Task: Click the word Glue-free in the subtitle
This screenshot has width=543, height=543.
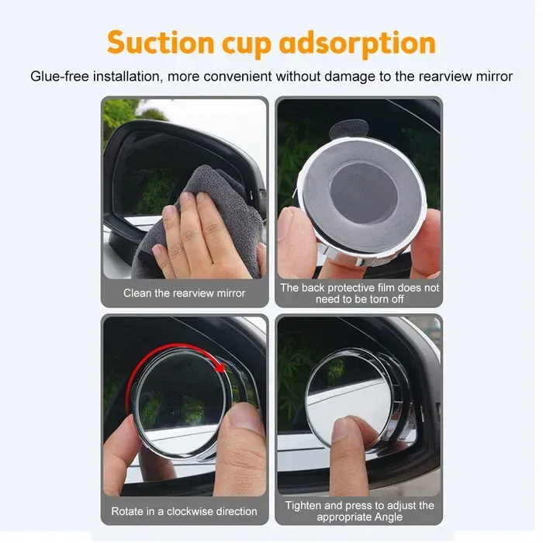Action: click(x=58, y=77)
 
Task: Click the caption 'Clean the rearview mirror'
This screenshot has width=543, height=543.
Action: click(x=185, y=293)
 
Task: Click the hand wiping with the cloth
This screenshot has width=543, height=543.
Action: click(x=194, y=233)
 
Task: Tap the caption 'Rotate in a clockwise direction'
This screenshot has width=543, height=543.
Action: click(x=185, y=511)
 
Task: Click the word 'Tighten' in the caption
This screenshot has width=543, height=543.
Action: click(x=304, y=506)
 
